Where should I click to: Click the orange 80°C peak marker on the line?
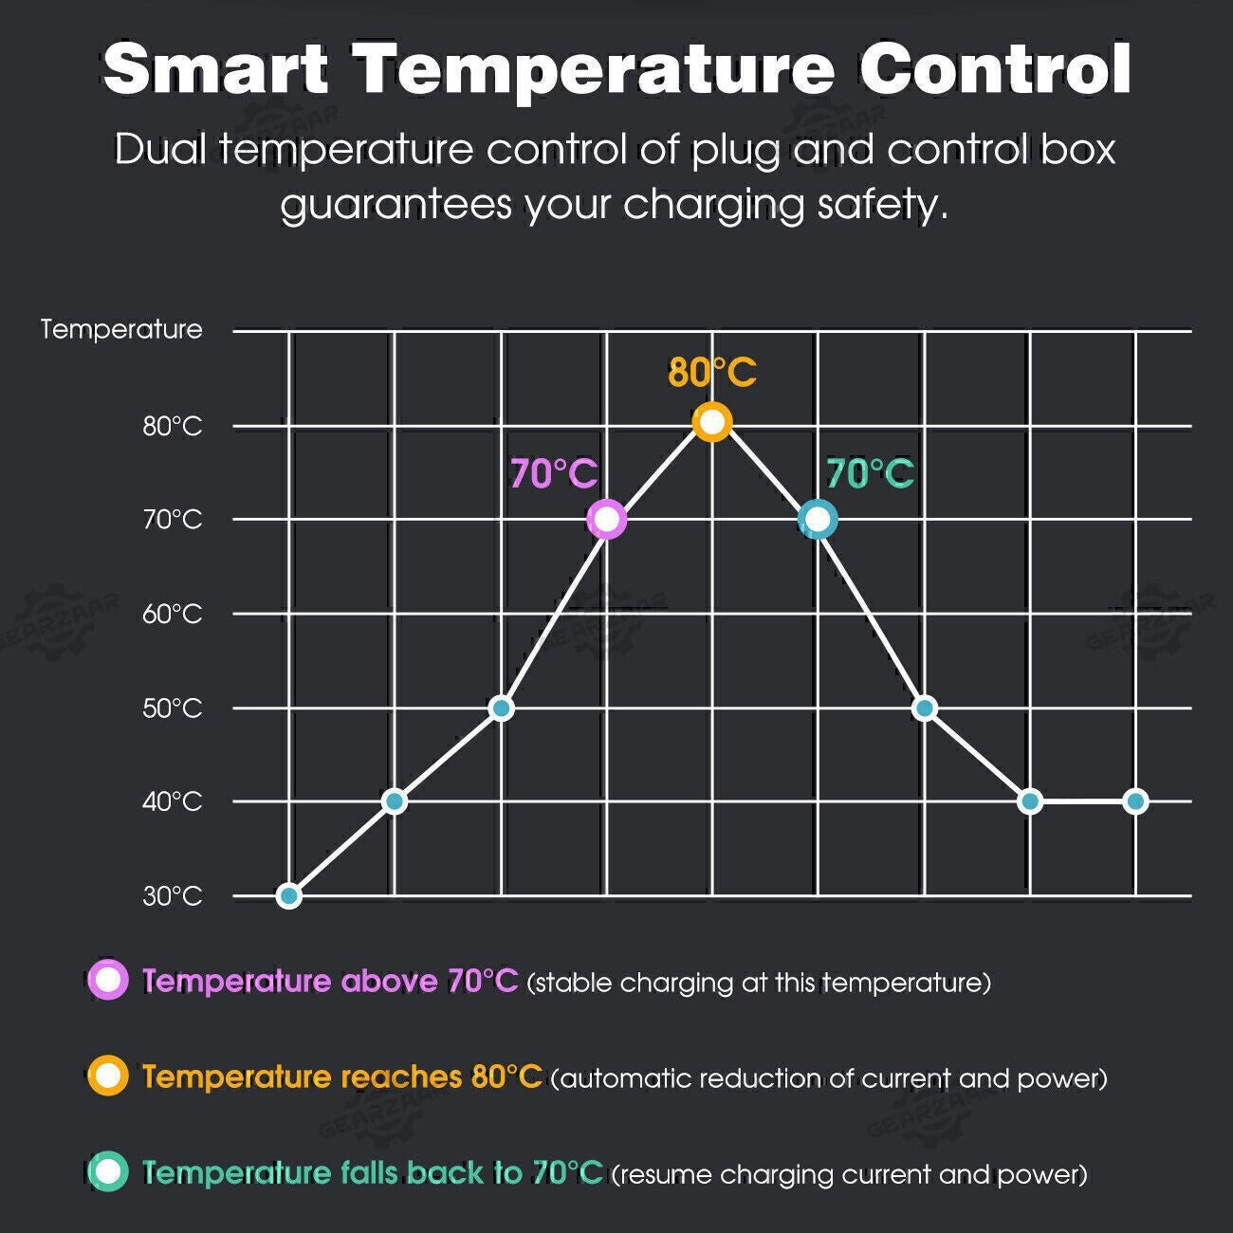pos(712,422)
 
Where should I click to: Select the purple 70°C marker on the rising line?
pos(607,520)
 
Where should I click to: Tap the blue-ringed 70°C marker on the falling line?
pos(818,520)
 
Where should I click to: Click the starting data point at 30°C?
pos(289,895)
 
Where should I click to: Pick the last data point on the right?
pos(1135,801)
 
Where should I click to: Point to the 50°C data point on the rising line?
pos(501,709)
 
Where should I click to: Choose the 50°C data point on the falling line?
pos(925,709)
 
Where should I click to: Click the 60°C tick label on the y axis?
pos(172,615)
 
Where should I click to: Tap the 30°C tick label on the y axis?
pos(172,896)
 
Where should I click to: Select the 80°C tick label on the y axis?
pos(172,426)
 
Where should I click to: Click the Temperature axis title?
pos(121,329)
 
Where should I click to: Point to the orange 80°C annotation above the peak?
pos(712,373)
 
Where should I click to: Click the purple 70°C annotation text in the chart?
pos(554,473)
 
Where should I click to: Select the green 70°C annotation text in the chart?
pos(870,473)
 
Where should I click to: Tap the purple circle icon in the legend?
pos(108,980)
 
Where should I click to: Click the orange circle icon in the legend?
pos(108,1076)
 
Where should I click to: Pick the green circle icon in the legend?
pos(108,1171)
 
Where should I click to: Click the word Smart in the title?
pos(215,69)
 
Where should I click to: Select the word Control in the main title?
pos(995,69)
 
